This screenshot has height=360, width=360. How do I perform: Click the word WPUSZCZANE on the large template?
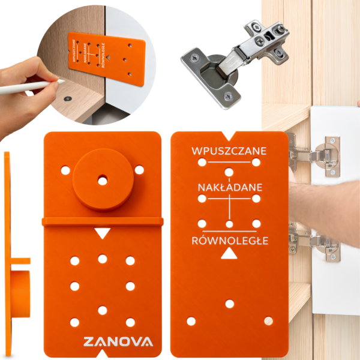click(x=229, y=151)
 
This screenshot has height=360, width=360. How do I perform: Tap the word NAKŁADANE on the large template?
click(x=230, y=187)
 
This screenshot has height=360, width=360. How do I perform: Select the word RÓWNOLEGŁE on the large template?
click(x=230, y=240)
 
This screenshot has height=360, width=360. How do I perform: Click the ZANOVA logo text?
click(x=118, y=341)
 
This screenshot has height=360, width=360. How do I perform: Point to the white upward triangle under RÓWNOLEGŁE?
click(x=229, y=254)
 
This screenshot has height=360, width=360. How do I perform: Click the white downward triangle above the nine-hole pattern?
click(x=103, y=233)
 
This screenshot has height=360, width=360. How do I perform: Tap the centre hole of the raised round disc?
click(x=103, y=181)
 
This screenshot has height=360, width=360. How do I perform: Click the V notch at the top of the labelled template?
click(x=229, y=136)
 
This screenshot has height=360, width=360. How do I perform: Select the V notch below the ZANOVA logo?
click(x=103, y=353)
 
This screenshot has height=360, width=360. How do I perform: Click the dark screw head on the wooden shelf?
click(x=67, y=99)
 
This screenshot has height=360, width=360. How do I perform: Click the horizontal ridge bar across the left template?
click(x=103, y=221)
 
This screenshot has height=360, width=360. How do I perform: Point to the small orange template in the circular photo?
click(x=107, y=59)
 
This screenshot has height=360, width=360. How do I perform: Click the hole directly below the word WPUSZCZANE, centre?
click(x=229, y=172)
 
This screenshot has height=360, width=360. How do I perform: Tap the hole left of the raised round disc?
click(x=65, y=170)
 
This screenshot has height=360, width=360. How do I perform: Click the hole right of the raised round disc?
click(x=139, y=170)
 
